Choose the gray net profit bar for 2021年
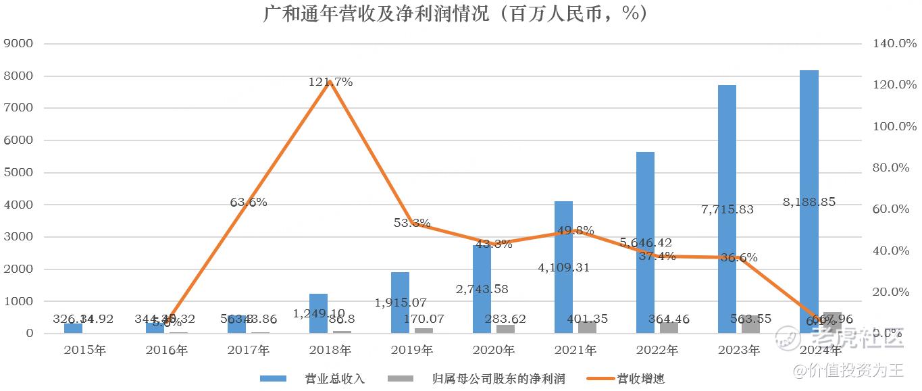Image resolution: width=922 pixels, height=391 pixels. [586, 327]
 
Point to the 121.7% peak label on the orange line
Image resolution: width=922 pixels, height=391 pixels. [330, 82]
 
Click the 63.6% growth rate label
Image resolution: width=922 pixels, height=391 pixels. [248, 202]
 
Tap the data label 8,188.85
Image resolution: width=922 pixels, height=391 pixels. [814, 202]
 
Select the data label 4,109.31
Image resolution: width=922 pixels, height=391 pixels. [563, 267]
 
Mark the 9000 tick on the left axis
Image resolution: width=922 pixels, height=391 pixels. [19, 44]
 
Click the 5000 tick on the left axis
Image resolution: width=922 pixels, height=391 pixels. [19, 173]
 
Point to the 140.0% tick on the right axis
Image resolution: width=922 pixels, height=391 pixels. [890, 44]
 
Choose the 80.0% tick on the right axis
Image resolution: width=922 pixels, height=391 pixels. [890, 168]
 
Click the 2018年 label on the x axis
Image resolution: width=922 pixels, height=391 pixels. [330, 350]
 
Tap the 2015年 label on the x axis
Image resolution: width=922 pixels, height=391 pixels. [85, 350]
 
